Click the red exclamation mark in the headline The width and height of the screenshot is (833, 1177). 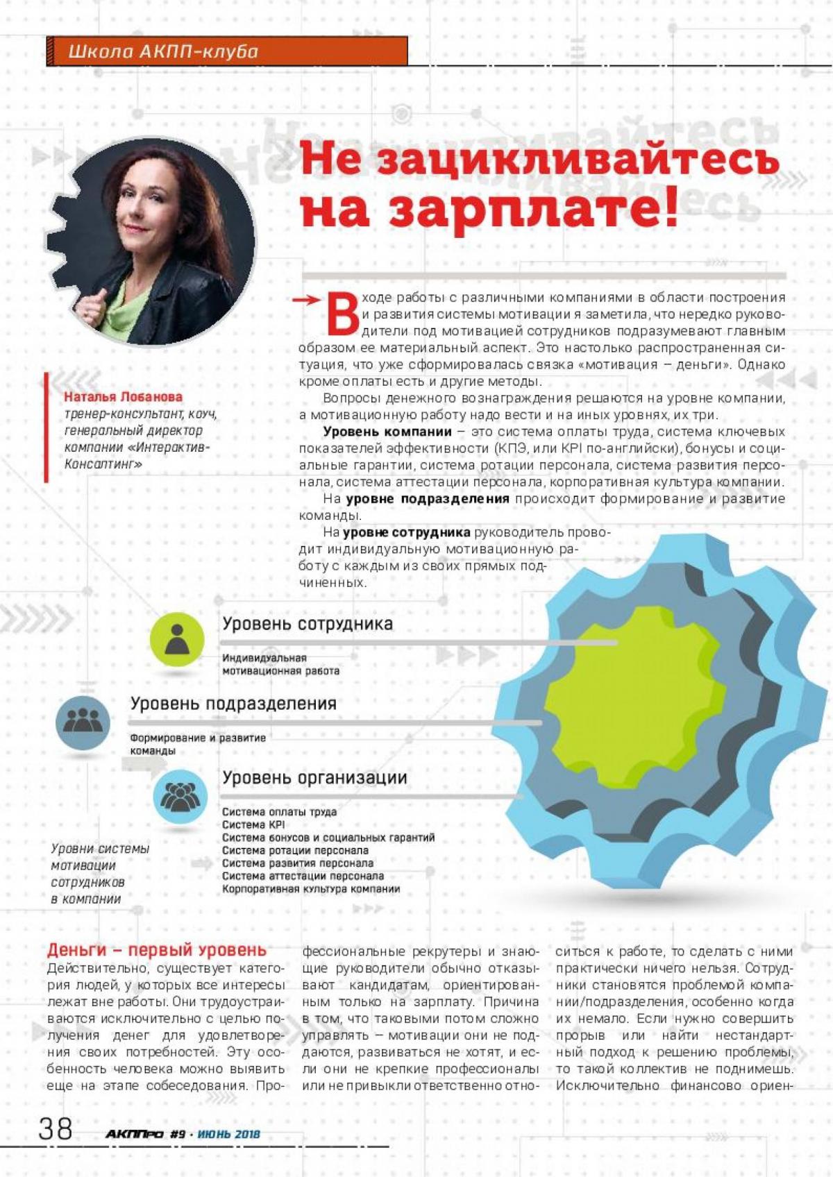[x=670, y=206]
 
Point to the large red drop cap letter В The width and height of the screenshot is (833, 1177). [x=342, y=316]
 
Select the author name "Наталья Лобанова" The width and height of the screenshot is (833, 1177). [x=124, y=397]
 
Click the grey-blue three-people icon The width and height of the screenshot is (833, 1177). [x=83, y=722]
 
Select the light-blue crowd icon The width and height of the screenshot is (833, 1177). [x=180, y=796]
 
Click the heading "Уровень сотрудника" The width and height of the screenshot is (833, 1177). [x=308, y=624]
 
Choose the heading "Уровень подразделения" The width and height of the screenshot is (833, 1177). [x=233, y=704]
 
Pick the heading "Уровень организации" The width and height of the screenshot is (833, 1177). [x=314, y=778]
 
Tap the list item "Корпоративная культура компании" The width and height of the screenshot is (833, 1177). [x=310, y=889]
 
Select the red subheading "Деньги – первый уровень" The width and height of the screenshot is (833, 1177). [x=157, y=950]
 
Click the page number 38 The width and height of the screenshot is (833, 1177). [x=56, y=1129]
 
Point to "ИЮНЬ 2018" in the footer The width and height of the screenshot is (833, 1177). [x=229, y=1134]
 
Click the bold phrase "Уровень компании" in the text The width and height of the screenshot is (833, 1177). [x=387, y=432]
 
